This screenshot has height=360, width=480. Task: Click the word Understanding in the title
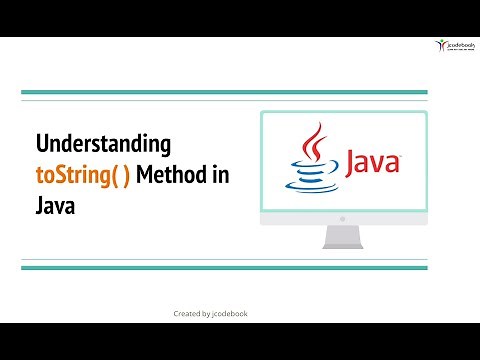click(x=103, y=144)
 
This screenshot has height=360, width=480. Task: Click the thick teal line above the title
click(x=224, y=93)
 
